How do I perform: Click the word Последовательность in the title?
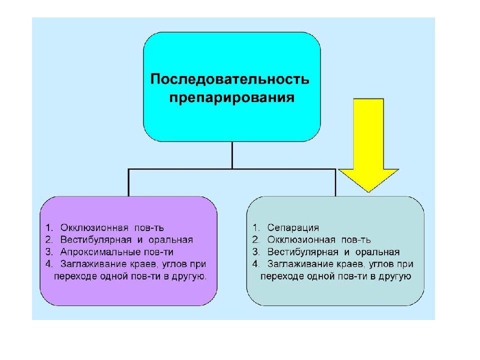tap(229, 79)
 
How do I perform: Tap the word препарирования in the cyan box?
tap(231, 98)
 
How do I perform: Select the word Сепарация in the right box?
tap(293, 228)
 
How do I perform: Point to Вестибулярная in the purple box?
tap(96, 239)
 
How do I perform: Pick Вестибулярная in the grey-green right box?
tap(303, 252)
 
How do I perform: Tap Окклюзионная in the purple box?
tap(94, 228)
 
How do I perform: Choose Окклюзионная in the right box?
tap(301, 239)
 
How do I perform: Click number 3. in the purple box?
tap(49, 252)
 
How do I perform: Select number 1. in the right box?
tap(256, 228)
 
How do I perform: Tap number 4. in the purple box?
tap(49, 264)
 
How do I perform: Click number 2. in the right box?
tap(256, 239)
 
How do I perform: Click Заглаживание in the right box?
tap(301, 264)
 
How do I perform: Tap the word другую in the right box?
tap(394, 276)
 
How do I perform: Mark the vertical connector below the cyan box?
tap(232, 155)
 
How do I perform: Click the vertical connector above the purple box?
tap(128, 182)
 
